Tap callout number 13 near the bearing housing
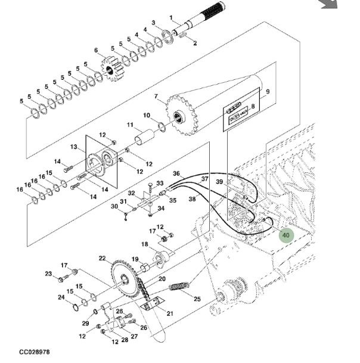pyautogui.click(x=74, y=147)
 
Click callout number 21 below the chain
pyautogui.click(x=170, y=314)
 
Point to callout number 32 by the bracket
pyautogui.click(x=131, y=193)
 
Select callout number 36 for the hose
pyautogui.click(x=176, y=173)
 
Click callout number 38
pyautogui.click(x=192, y=200)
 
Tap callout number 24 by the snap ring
pyautogui.click(x=61, y=297)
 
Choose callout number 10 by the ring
pyautogui.click(x=146, y=115)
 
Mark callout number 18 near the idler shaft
pyautogui.click(x=144, y=244)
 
